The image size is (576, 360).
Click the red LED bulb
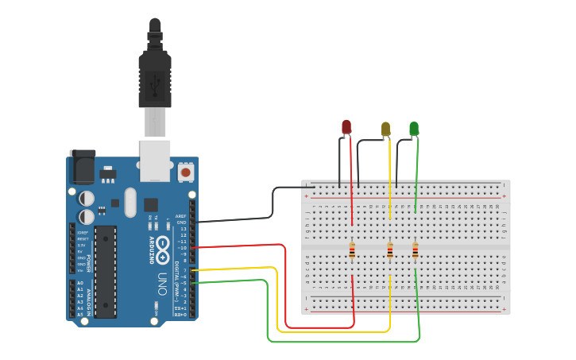point(346,127)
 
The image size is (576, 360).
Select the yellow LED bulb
point(386,129)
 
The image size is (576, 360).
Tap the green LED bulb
point(414,128)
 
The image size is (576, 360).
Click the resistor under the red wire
point(352,251)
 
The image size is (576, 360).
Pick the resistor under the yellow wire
point(389,251)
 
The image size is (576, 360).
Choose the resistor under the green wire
point(415,251)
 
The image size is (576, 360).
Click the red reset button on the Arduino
point(186,172)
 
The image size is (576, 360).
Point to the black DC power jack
point(82,167)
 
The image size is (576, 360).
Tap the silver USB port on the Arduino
point(155,157)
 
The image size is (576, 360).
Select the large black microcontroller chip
point(106,271)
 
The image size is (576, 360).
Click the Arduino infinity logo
point(163,244)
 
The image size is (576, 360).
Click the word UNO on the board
point(163,280)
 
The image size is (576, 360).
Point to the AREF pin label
point(181,216)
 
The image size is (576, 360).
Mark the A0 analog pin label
point(79,283)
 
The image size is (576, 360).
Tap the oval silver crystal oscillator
point(130,202)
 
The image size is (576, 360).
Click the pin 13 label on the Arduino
point(183,229)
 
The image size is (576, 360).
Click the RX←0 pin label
point(180,315)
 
